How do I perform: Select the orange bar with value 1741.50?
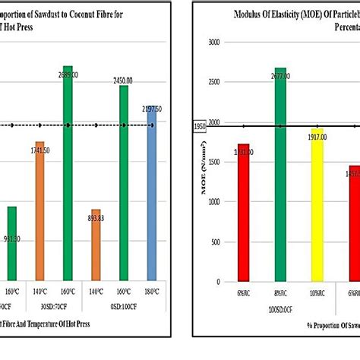pos(39,211)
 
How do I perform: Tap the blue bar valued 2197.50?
pos(151,194)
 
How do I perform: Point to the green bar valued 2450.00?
pos(124,182)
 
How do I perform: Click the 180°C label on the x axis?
pos(151,291)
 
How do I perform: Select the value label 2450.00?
pos(124,78)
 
